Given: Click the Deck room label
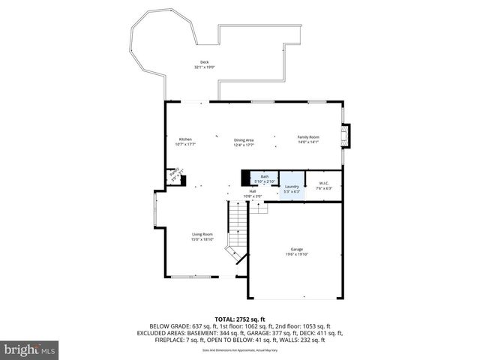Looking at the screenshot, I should [204, 62].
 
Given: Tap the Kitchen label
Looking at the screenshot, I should [184, 138].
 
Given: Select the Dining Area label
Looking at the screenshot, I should [244, 139].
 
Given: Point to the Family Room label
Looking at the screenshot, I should [308, 137].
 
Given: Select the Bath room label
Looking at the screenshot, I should [264, 176].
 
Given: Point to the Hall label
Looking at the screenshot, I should [253, 191].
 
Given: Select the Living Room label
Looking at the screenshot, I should [202, 234].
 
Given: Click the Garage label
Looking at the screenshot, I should [297, 249].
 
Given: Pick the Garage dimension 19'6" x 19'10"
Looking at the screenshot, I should [297, 254].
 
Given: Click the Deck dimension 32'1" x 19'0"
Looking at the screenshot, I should [204, 67].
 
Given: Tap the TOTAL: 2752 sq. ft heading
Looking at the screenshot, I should [240, 318].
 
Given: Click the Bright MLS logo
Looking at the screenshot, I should [30, 349].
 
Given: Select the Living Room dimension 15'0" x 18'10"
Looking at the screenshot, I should [202, 239].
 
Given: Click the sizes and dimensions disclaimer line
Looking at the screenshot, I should [240, 350].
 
